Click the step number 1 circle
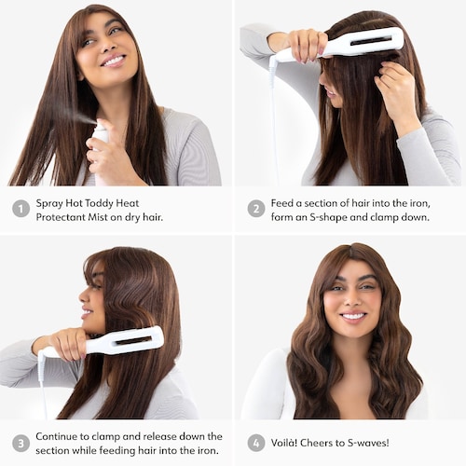click(x=21, y=209)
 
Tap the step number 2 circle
click(x=256, y=209)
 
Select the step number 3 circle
click(x=21, y=443)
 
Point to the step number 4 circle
click(x=256, y=443)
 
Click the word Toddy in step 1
click(x=99, y=204)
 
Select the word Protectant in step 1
click(x=61, y=217)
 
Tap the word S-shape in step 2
click(x=328, y=217)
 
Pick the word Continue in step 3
click(x=57, y=436)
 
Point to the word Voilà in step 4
click(x=283, y=443)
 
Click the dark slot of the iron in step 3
click(x=135, y=341)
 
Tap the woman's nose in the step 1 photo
click(x=107, y=45)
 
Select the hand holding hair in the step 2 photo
click(x=395, y=90)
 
